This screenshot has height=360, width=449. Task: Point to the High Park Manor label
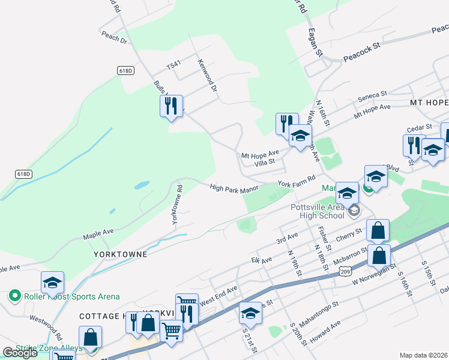point(234,188)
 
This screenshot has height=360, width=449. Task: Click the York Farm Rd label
point(296,181)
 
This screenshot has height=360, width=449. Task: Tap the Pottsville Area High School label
point(318,211)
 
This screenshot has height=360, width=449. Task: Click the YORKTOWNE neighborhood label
point(121,254)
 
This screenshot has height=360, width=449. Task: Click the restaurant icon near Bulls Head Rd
point(171,105)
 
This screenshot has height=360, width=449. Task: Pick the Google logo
point(20,353)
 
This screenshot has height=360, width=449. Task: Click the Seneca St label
point(373,95)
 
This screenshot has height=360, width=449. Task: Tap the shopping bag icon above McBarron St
point(378,230)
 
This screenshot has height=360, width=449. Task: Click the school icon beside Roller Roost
point(52,282)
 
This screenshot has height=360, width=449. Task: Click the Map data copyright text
point(423,355)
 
